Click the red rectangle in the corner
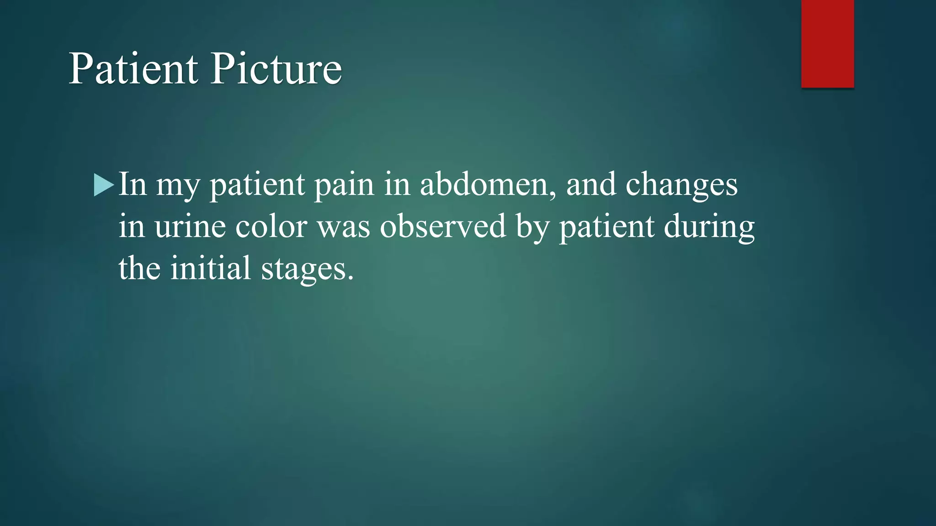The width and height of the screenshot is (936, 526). [x=827, y=44]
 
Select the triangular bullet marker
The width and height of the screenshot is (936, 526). [x=103, y=185]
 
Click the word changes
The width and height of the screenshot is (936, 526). [x=681, y=185]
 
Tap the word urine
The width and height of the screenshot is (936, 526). [x=190, y=226]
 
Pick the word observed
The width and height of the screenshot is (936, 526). [x=443, y=226]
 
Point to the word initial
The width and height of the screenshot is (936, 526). [x=211, y=268]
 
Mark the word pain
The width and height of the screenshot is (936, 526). [x=344, y=185]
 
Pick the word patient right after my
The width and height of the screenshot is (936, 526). [x=257, y=185]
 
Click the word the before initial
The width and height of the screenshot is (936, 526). [x=139, y=268]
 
